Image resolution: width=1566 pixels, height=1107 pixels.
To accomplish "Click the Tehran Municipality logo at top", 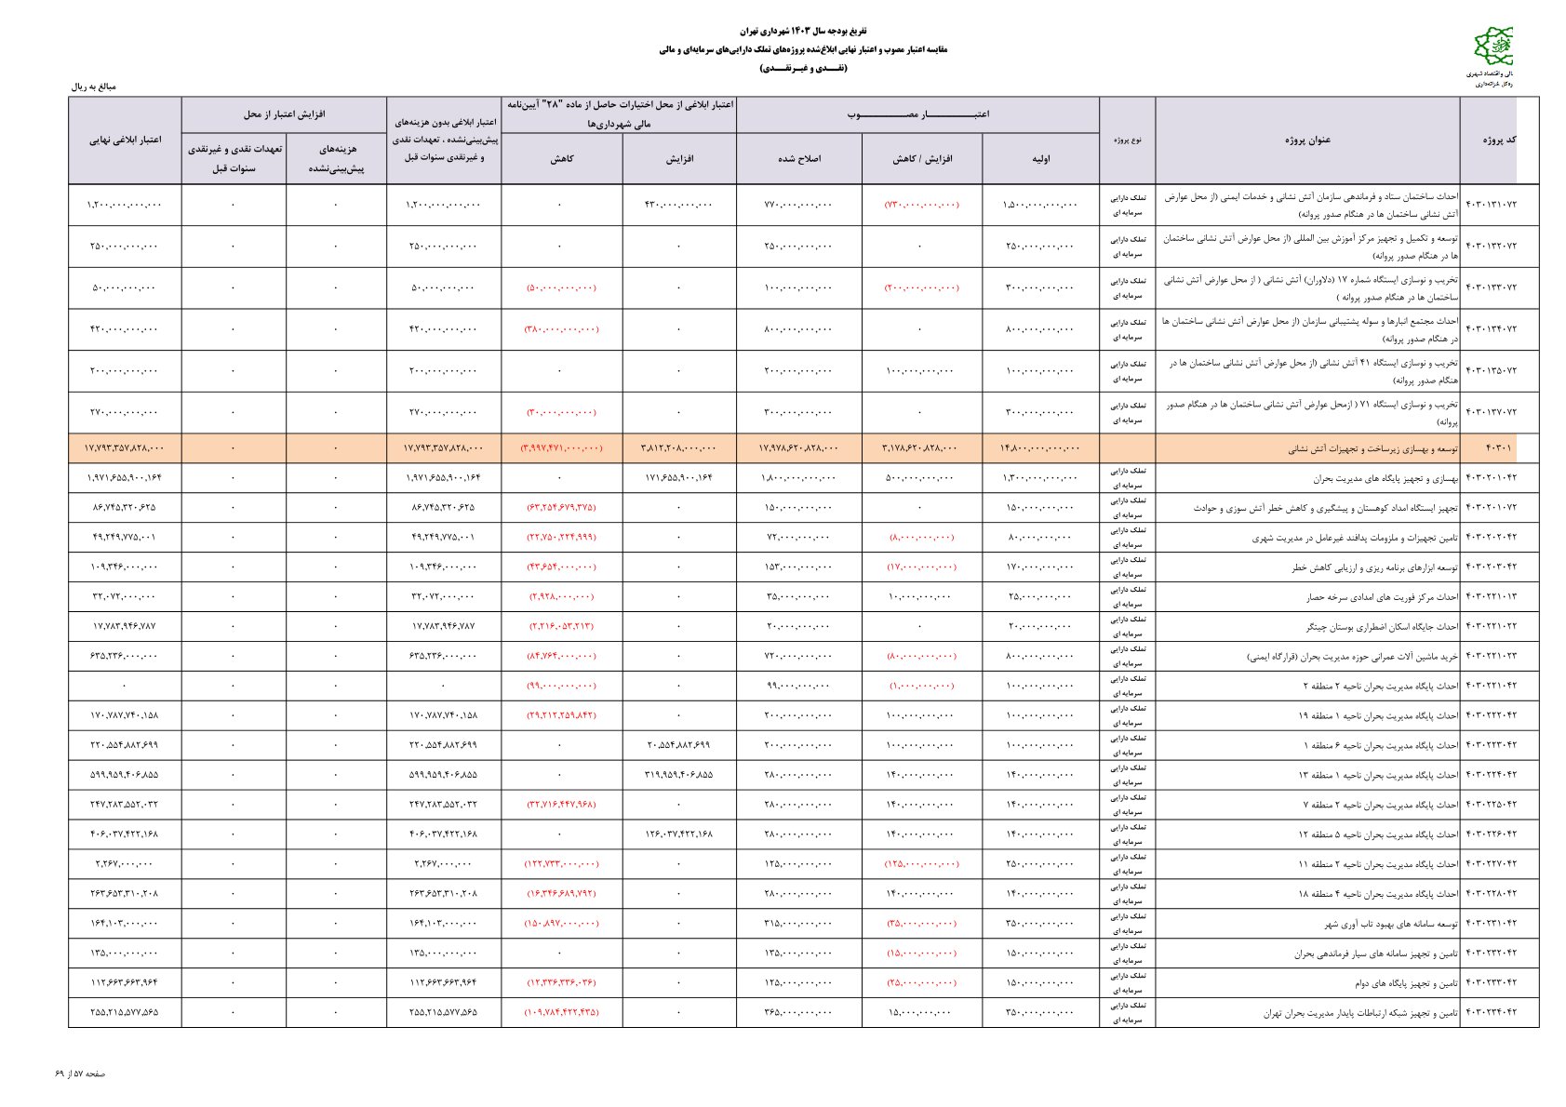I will (1492, 47).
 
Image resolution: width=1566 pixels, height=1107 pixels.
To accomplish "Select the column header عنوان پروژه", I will (1307, 140).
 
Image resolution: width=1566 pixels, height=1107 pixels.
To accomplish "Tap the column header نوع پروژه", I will (1127, 140).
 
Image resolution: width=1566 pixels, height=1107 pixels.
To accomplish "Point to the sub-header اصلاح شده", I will (799, 159).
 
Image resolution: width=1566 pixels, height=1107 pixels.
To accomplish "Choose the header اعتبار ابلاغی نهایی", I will (125, 140).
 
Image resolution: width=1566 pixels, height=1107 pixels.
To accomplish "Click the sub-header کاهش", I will (561, 159).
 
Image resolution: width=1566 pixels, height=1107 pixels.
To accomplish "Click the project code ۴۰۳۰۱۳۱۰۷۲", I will (1491, 205).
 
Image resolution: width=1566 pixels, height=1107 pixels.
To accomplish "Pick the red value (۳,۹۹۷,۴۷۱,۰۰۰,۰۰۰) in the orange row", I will (561, 448).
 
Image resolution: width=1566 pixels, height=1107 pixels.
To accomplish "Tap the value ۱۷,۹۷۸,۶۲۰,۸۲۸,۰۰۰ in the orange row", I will (799, 448).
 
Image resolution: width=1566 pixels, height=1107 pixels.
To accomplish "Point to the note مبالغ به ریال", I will (94, 87).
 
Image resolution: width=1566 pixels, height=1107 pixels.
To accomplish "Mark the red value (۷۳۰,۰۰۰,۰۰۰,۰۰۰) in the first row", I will (921, 205).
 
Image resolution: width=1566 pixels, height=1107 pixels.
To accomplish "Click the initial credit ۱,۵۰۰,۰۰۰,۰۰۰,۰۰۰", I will (1040, 205).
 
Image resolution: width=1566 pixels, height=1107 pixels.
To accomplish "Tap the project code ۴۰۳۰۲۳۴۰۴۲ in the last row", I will (1491, 1012).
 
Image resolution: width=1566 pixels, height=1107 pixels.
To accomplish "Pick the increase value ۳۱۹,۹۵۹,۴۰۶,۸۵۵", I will (678, 774).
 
